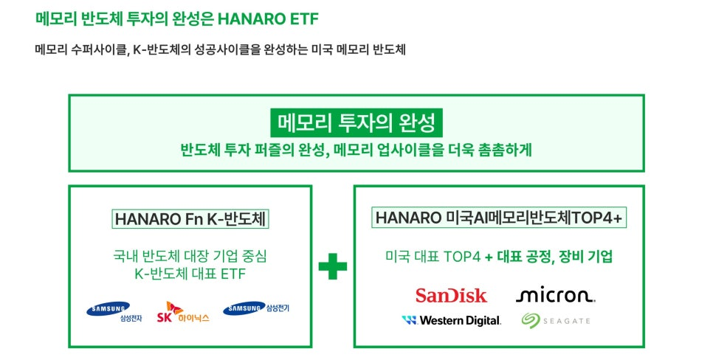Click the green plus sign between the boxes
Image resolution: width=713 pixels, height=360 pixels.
pos(332,266)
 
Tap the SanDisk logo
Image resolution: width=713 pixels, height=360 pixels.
pos(451,296)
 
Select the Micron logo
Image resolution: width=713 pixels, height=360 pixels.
pos(555,295)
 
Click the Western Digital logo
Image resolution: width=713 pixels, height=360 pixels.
pos(452,320)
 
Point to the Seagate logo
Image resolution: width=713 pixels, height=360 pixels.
pos(556,320)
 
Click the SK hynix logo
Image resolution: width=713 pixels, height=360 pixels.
pos(183,312)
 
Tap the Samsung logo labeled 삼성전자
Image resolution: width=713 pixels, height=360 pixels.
pos(114,311)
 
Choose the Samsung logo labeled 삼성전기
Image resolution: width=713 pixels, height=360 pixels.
pos(256,308)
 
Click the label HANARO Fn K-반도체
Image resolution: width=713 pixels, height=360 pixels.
pos(190,219)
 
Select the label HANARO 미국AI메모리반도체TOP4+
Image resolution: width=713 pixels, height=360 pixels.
pos(499,218)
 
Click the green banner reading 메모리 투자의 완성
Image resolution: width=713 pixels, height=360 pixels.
pos(356,122)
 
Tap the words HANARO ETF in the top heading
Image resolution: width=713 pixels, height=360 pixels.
pos(268,19)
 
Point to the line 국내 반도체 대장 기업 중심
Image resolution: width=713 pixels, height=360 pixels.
pos(190,256)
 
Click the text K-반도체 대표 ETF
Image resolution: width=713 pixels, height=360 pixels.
pos(190,274)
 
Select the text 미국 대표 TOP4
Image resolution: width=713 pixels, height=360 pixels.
pos(433,257)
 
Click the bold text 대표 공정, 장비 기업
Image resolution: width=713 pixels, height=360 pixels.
pos(555,257)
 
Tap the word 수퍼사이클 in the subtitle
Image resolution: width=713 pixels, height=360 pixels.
pos(99,49)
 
